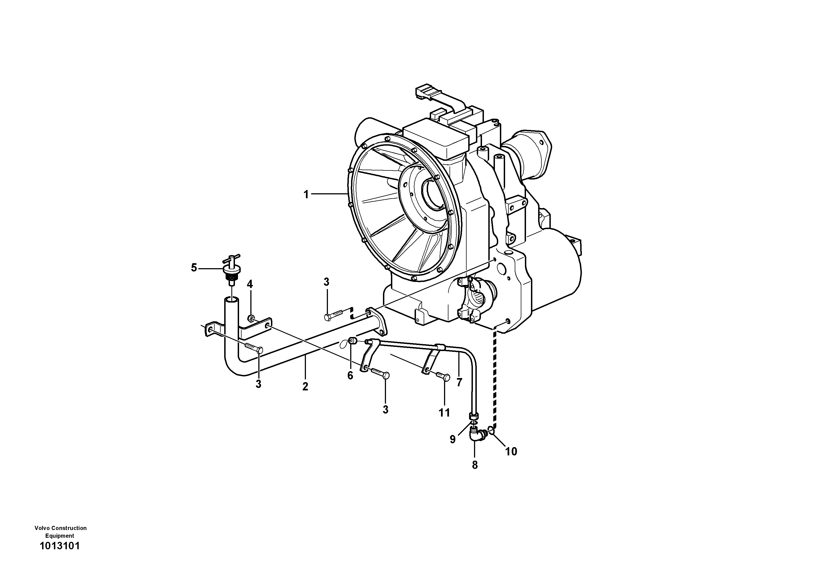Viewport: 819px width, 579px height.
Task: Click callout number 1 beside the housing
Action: pos(306,195)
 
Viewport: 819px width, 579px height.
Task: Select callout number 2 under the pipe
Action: pos(305,387)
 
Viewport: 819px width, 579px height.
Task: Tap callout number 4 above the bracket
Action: pos(250,284)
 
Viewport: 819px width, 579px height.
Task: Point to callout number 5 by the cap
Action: pos(194,267)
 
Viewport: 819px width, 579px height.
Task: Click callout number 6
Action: pos(350,375)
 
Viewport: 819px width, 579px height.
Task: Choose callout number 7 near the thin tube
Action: pos(459,382)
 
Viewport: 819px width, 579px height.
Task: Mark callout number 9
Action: pos(452,439)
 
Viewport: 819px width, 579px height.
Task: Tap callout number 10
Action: pos(511,452)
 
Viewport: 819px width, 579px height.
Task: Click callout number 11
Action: pos(444,413)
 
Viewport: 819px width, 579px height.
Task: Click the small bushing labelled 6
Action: pos(352,341)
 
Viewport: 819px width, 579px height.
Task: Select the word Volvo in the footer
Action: pos(42,528)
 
